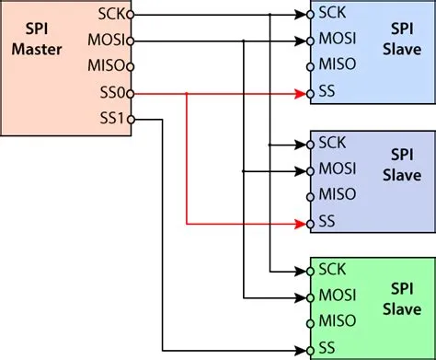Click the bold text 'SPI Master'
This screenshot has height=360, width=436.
pyautogui.click(x=36, y=40)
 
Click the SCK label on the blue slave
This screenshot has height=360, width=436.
pyautogui.click(x=331, y=15)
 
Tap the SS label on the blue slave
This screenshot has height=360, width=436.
pyautogui.click(x=327, y=92)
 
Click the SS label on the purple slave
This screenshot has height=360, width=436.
pyautogui.click(x=327, y=222)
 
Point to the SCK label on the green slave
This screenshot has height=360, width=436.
pyautogui.click(x=331, y=271)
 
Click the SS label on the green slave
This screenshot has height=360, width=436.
pyautogui.click(x=327, y=348)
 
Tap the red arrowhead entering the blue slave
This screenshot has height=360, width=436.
pyautogui.click(x=300, y=93)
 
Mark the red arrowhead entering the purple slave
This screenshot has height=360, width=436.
pyautogui.click(x=300, y=222)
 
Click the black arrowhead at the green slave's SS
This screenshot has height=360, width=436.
pyautogui.click(x=300, y=349)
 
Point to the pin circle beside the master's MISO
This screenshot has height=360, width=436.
pyautogui.click(x=132, y=67)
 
